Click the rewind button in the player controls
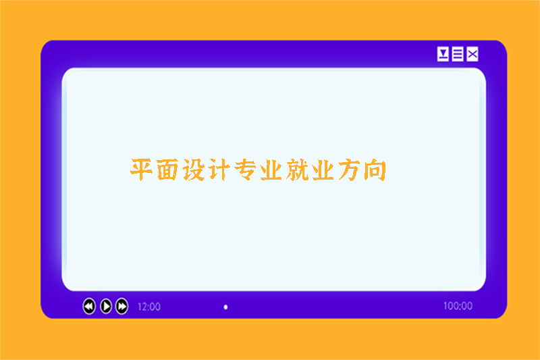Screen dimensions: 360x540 click(x=89, y=306)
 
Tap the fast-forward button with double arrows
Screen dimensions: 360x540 click(x=122, y=306)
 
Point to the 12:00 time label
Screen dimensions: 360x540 click(x=149, y=307)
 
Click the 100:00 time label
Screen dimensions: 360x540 click(x=458, y=306)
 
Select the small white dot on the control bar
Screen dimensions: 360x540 click(x=225, y=307)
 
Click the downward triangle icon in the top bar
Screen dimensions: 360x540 click(x=443, y=54)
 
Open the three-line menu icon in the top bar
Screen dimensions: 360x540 click(x=458, y=54)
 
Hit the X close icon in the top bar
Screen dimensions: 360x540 click(x=473, y=54)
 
